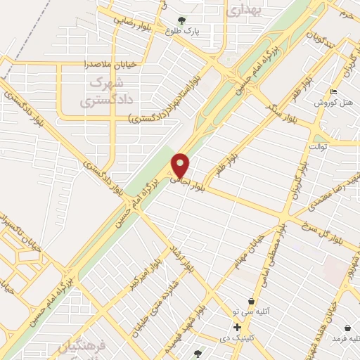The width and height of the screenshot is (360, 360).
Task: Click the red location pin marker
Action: pyautogui.click(x=181, y=165)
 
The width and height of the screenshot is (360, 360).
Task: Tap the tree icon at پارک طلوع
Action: pyautogui.click(x=182, y=20)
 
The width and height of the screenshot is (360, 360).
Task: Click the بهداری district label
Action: pyautogui.click(x=245, y=9)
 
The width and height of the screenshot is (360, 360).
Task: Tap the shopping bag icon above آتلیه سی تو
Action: pyautogui.click(x=251, y=300)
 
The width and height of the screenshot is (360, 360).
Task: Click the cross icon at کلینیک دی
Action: pyautogui.click(x=237, y=327)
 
